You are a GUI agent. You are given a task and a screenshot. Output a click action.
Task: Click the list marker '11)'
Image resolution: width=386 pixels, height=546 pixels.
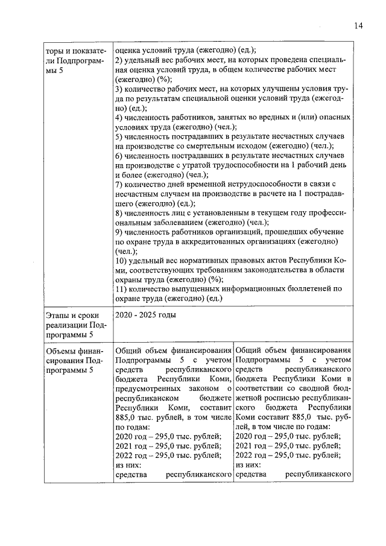click(121, 288)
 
